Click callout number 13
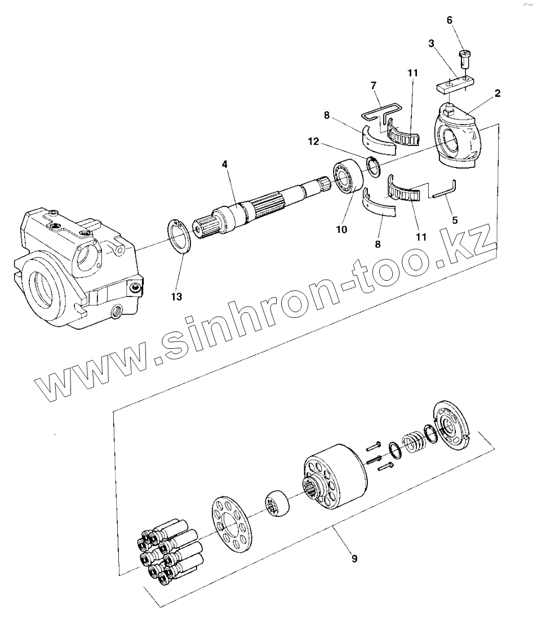[177, 296]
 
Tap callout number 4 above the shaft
[224, 165]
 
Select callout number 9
[354, 559]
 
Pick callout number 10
[341, 229]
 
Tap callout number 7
[373, 85]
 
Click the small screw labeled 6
[465, 56]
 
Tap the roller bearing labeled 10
[348, 178]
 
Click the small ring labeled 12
[372, 165]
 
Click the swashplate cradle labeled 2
[457, 136]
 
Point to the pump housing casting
[73, 265]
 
